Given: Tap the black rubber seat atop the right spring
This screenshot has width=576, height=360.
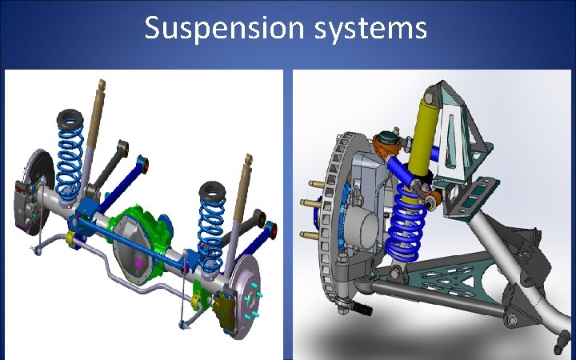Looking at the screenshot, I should pos(212,192).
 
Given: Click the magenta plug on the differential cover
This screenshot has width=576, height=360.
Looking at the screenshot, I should pos(139,262).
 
